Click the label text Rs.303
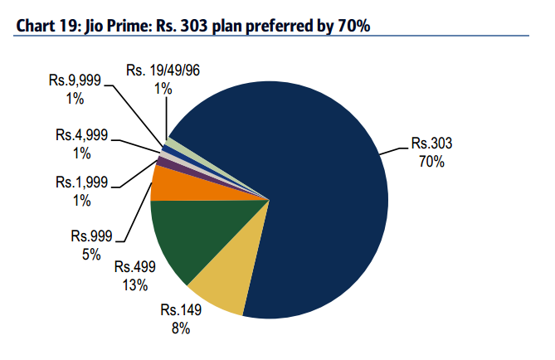tap(431, 144)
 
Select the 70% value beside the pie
tap(431, 161)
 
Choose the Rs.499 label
tap(134, 267)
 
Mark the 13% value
tap(134, 285)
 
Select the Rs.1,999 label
tap(82, 181)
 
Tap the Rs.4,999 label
tap(82, 134)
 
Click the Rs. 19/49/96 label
tap(163, 71)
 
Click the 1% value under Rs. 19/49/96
tap(163, 88)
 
